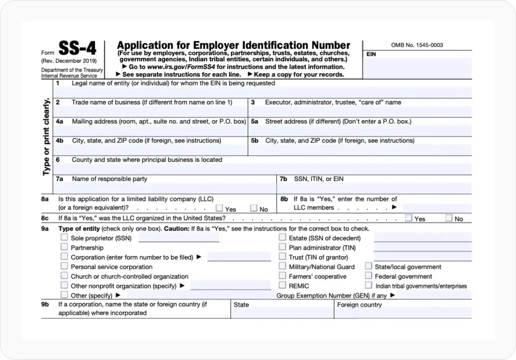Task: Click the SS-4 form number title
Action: tap(77, 49)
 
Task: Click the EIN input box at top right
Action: tap(417, 68)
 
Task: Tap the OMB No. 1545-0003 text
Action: tap(417, 45)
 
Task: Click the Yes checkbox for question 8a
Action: tap(219, 208)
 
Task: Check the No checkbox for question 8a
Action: tap(254, 208)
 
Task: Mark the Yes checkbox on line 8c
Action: tap(409, 218)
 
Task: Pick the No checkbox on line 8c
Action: tap(449, 218)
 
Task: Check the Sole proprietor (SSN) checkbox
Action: tap(64, 237)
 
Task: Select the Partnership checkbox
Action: tap(64, 247)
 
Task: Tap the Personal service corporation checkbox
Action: tap(64, 266)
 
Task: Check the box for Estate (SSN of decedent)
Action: tap(282, 237)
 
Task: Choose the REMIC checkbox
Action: tap(282, 285)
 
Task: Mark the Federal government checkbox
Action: tap(368, 275)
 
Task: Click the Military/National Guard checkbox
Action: tap(282, 266)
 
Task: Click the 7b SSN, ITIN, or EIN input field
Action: tap(374, 188)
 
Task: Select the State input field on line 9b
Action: tap(282, 313)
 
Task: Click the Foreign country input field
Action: tap(403, 313)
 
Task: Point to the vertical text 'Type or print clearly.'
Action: tap(46, 137)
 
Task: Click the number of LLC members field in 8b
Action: tap(437, 208)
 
